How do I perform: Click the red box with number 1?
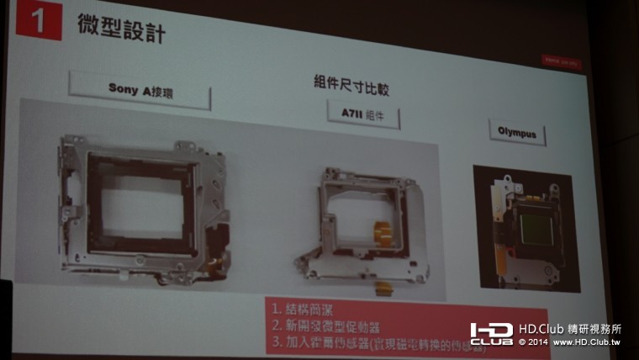(x=39, y=23)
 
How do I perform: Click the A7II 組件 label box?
(x=363, y=114)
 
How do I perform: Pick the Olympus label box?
(x=516, y=132)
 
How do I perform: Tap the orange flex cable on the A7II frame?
(x=383, y=233)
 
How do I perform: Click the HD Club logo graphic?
(x=491, y=334)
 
